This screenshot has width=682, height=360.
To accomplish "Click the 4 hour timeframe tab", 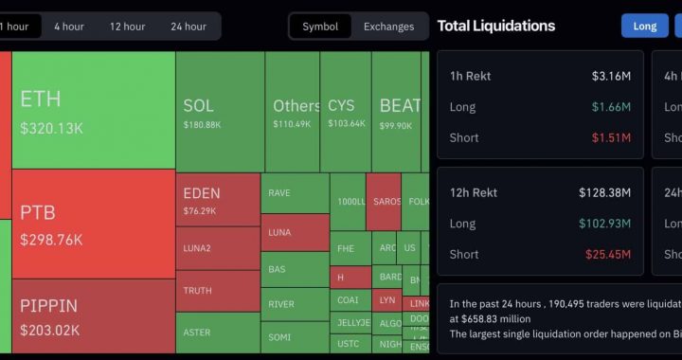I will coord(69,27).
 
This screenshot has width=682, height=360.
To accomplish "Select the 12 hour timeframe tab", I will coord(127,27).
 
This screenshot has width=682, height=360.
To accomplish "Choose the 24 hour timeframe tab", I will coord(188,27).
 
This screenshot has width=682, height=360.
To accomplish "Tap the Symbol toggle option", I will coord(320,27).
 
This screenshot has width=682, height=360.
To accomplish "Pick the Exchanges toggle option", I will coord(388,27).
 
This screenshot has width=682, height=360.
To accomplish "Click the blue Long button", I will coord(645,26).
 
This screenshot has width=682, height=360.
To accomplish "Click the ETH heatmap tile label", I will coord(41,99).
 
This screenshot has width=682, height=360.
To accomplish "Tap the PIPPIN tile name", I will coord(49,306).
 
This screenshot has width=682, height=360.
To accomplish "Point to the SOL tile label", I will coord(199,106).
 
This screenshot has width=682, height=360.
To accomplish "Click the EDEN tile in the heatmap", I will coord(202,193).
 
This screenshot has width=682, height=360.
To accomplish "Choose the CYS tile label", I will coord(341,106).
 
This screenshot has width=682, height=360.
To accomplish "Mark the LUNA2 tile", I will coord(198,248).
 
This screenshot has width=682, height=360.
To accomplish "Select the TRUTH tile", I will coord(198,291).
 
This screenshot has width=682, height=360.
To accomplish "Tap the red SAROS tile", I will coord(385,202).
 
